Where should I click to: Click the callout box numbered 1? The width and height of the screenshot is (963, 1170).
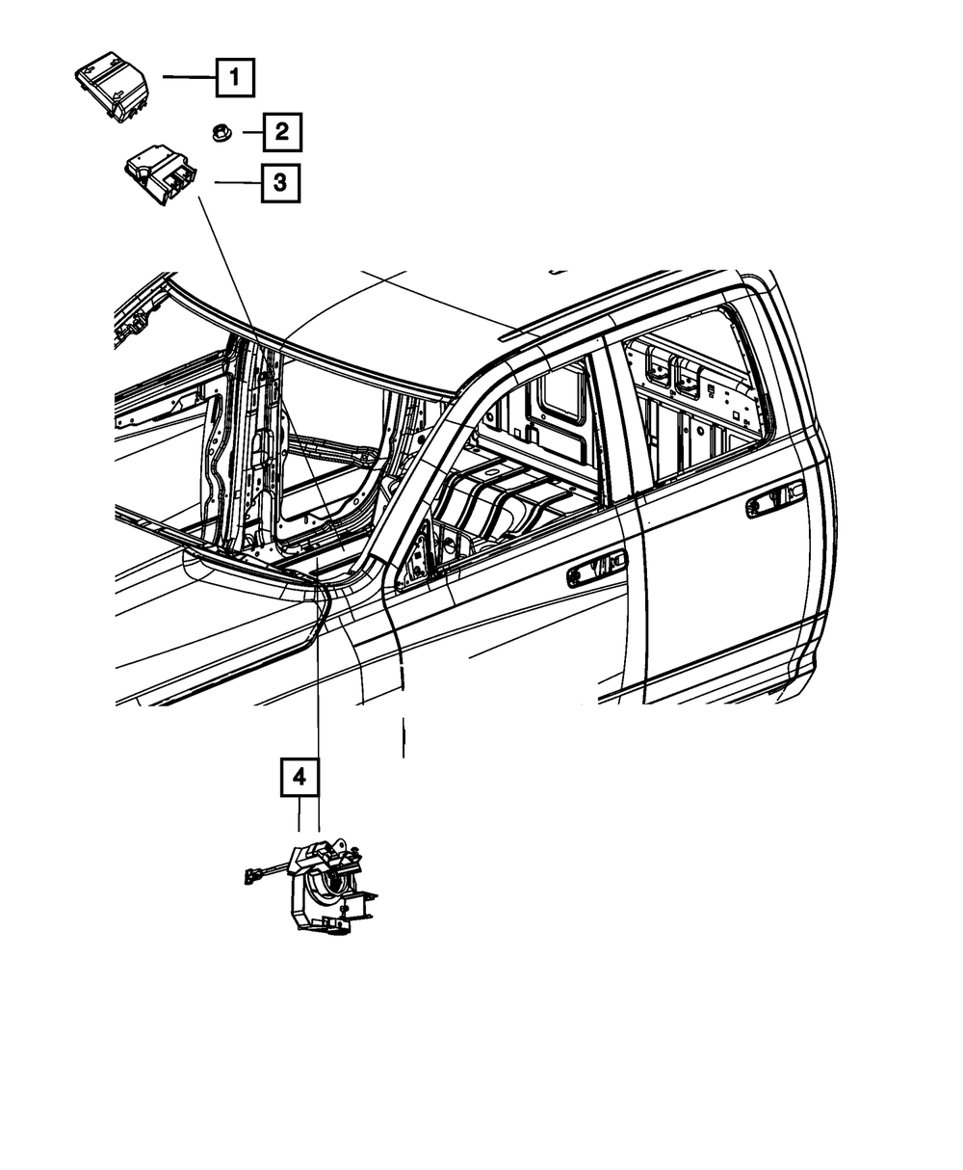[235, 77]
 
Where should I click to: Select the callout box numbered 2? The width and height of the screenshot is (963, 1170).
[281, 132]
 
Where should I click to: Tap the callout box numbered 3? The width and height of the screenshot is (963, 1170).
[279, 182]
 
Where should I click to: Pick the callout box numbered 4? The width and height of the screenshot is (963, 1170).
[299, 777]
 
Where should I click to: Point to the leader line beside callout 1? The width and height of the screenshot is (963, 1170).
[189, 77]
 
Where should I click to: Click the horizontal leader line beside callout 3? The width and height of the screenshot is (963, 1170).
[237, 182]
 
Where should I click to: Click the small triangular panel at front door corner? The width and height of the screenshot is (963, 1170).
[416, 560]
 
